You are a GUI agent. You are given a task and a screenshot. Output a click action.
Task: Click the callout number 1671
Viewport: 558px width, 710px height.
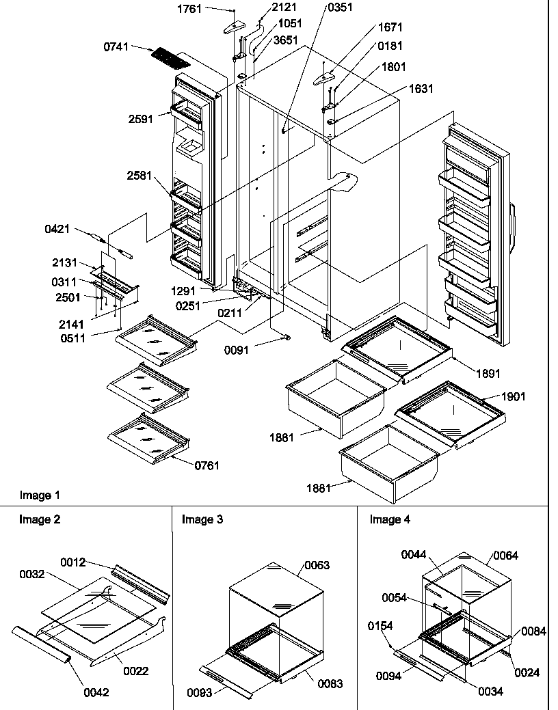390,28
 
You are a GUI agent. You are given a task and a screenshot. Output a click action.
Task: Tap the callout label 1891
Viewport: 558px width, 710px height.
489,374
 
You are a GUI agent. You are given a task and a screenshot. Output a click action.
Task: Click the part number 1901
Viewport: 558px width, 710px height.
514,397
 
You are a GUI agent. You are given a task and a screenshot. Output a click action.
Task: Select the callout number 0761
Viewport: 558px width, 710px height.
207,466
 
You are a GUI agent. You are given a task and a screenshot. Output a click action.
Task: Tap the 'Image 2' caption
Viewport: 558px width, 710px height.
40,519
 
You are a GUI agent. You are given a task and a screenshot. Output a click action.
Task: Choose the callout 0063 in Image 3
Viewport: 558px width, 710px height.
317,565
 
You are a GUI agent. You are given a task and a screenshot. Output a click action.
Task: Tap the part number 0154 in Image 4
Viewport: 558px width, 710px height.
380,625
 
